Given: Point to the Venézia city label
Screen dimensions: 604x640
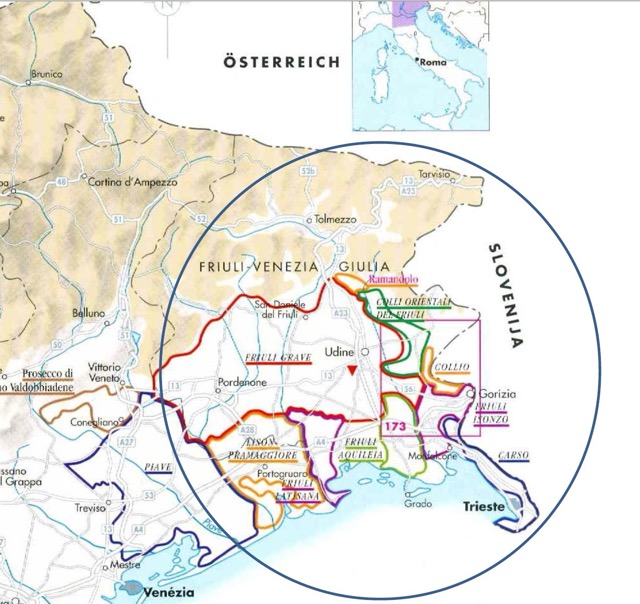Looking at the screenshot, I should [167, 590].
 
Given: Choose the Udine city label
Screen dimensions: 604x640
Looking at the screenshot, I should [342, 352].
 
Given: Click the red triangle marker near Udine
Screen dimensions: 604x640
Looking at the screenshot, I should [352, 371].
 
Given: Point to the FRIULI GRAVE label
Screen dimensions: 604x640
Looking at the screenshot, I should [273, 357].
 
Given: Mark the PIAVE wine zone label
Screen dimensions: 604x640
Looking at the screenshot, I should [156, 467].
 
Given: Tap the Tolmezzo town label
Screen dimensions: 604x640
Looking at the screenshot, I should [335, 219].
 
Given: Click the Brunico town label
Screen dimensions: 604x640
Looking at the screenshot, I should [46, 74].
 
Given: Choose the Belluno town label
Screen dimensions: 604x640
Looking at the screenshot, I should [88, 313].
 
